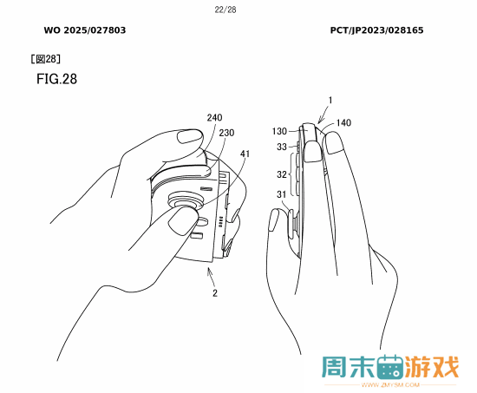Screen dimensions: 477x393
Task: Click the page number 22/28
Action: point(225,10)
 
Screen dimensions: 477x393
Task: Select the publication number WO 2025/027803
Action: point(85,30)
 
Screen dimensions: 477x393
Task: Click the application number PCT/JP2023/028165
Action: point(377,30)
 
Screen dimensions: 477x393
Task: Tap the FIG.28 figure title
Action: point(57,79)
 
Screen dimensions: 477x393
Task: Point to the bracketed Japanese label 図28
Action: point(46,59)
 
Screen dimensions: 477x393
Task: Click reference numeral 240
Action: point(214,117)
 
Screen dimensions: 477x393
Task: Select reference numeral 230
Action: point(226,133)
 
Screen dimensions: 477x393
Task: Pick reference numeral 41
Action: point(245,154)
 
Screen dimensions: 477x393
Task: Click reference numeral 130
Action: point(279,131)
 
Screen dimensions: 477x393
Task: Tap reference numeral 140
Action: point(343,122)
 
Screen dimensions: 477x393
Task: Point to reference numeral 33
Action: point(282,147)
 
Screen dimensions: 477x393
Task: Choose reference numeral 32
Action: point(282,174)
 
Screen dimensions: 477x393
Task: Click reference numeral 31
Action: point(281,194)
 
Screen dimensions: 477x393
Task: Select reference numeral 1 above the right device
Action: point(330,100)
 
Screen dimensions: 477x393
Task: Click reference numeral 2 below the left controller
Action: point(215,293)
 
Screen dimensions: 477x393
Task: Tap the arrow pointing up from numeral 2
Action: point(211,276)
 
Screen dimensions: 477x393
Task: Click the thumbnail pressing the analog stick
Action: point(182,220)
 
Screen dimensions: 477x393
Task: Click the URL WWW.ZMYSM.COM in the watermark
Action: point(390,385)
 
